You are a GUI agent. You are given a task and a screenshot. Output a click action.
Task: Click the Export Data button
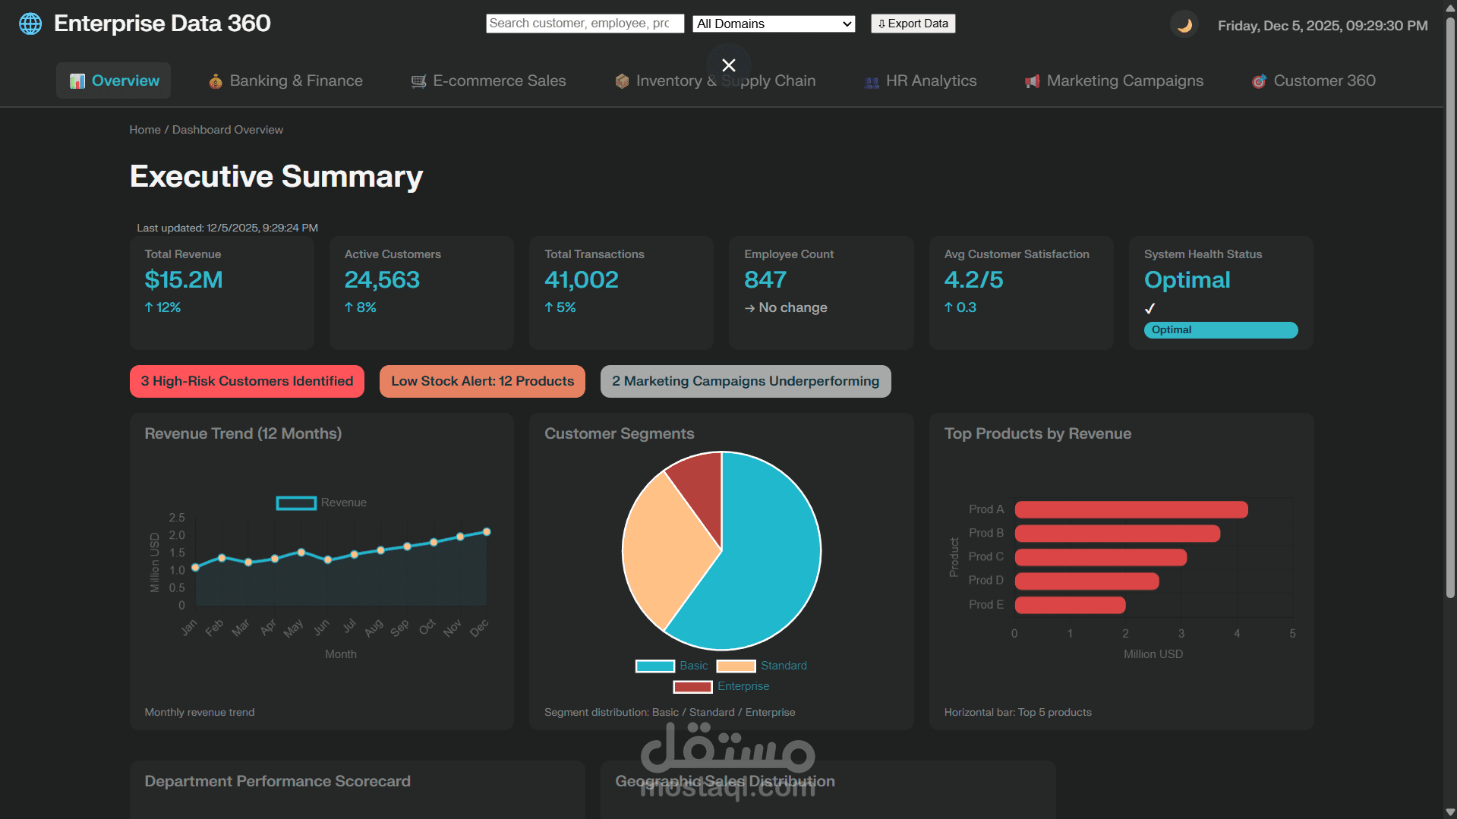pos(913,24)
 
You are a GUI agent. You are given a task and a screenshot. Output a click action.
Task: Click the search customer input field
pos(584,24)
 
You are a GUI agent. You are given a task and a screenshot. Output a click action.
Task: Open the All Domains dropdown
pos(773,24)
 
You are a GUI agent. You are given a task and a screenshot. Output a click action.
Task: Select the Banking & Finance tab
pos(285,80)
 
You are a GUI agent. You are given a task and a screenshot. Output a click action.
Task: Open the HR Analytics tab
pos(920,80)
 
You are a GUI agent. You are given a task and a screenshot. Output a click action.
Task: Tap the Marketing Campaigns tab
pos(1114,80)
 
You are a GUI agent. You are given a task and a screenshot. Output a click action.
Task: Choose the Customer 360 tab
pos(1314,80)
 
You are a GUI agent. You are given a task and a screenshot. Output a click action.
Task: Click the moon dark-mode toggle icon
pos(1184,25)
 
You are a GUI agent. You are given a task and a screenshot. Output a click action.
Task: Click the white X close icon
pos(728,65)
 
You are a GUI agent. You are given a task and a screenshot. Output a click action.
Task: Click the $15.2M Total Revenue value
pos(184,280)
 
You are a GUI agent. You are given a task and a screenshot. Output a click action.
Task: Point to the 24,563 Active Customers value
pos(382,280)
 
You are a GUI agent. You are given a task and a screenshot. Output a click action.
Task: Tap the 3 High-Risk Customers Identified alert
pos(247,381)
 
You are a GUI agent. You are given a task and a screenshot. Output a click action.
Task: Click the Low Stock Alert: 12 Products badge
pos(482,381)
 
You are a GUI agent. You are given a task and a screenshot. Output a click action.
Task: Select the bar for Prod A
pos(1131,509)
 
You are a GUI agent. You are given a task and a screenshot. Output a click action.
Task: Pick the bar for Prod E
pos(1070,605)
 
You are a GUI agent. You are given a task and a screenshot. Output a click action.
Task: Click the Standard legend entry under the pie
pos(762,666)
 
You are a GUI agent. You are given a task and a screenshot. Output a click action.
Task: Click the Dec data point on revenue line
pos(487,532)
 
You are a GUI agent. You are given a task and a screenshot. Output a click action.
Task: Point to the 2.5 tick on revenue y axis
pos(177,518)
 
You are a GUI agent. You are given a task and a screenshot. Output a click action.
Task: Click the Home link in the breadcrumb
pos(144,130)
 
